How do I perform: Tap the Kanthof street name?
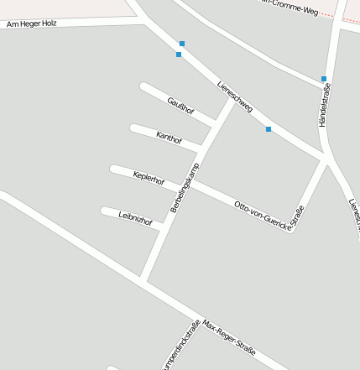[169, 137]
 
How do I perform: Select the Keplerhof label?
[149, 177]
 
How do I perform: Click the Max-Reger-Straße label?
[229, 336]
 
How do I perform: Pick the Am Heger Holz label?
[31, 24]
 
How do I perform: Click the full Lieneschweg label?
[234, 96]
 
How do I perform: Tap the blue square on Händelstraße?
[324, 79]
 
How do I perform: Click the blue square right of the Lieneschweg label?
[269, 129]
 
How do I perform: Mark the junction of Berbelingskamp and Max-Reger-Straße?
[144, 280]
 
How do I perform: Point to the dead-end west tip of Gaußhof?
[144, 86]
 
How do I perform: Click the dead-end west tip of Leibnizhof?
[105, 211]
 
